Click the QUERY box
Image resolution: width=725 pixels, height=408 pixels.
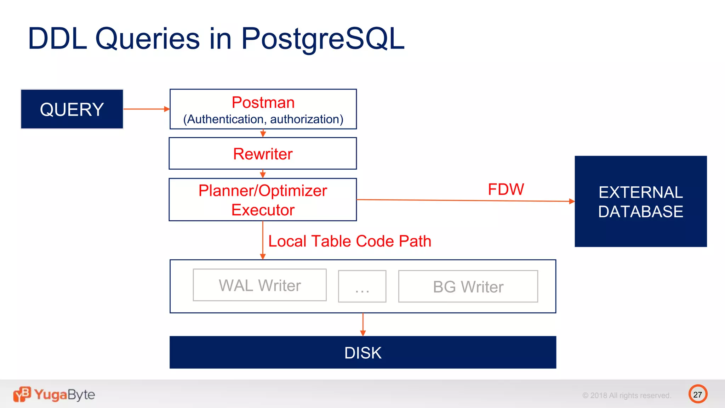(x=72, y=109)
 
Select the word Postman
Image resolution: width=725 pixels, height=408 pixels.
(x=263, y=103)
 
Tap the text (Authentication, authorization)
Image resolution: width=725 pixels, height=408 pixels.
(x=263, y=119)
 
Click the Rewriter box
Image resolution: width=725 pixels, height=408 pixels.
(x=263, y=154)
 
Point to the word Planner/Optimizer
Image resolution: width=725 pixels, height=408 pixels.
(x=263, y=191)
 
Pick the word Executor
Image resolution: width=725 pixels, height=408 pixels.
(x=263, y=210)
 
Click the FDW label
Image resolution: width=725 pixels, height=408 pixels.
(x=506, y=189)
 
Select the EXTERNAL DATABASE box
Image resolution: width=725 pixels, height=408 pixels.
(x=640, y=202)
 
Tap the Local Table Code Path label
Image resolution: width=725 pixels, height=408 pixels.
(x=350, y=241)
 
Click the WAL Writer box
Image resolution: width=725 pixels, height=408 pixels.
(x=259, y=285)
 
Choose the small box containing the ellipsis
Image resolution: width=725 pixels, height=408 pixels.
(x=362, y=287)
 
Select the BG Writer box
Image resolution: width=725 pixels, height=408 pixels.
(x=468, y=287)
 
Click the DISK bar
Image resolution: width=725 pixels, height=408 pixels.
(x=362, y=353)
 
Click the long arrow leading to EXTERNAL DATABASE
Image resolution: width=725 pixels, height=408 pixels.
(x=460, y=200)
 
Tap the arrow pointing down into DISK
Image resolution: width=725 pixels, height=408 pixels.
(x=363, y=324)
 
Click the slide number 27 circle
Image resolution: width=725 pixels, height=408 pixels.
(x=697, y=394)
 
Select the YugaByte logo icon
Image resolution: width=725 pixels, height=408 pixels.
(x=22, y=394)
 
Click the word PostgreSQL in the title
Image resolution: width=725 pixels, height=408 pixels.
(x=322, y=39)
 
